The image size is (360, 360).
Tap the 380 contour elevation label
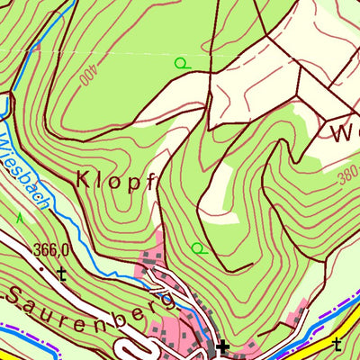(x=348, y=180)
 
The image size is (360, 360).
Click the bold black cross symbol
(x=221, y=347)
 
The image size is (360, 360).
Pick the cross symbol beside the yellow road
(x=337, y=344)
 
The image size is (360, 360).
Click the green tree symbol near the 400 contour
(x=181, y=63)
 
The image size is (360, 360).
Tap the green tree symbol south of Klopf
(x=198, y=247)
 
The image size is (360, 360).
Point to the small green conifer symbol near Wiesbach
(x=19, y=217)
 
